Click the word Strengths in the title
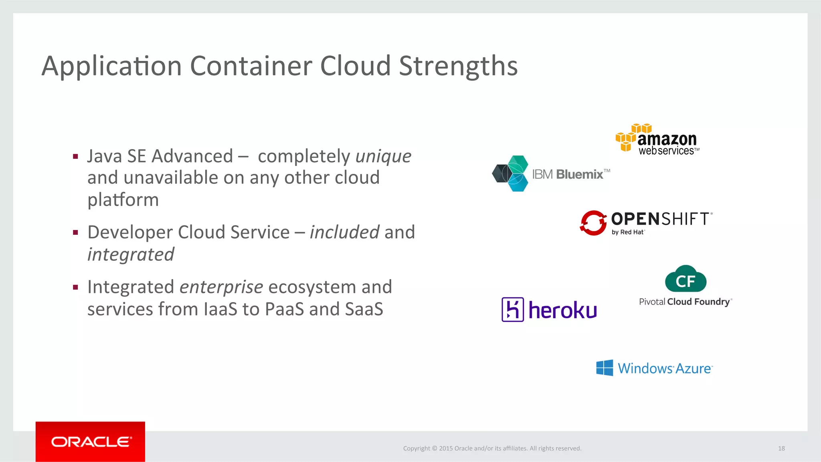click(x=458, y=66)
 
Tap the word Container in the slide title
click(x=251, y=66)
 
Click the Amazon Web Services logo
click(x=657, y=139)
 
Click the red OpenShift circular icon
click(x=593, y=223)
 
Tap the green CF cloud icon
click(x=686, y=279)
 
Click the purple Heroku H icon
click(x=513, y=310)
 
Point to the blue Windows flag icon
click(x=605, y=368)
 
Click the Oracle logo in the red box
click(x=91, y=442)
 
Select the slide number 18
click(x=781, y=448)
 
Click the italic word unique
click(x=383, y=156)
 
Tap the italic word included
click(x=344, y=232)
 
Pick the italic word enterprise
click(x=221, y=287)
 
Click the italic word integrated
click(x=131, y=255)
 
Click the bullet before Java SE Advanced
click(x=75, y=157)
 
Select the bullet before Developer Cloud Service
click(x=75, y=232)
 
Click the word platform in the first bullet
click(x=123, y=200)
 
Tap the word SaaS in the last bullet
click(x=364, y=309)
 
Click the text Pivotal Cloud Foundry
click(x=685, y=302)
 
